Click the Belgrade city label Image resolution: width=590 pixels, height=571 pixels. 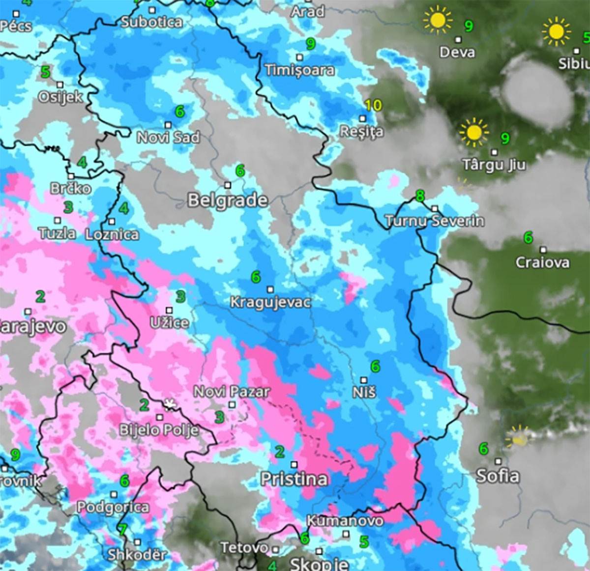[x=228, y=200]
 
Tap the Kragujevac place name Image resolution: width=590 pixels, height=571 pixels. [x=270, y=302]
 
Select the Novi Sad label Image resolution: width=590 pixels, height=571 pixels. [x=168, y=137]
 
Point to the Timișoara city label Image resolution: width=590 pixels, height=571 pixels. [x=300, y=70]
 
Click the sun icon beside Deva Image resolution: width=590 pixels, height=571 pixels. [x=437, y=20]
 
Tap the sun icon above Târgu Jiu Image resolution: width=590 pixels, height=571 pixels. [x=473, y=132]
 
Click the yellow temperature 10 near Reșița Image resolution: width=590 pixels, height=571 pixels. [x=374, y=105]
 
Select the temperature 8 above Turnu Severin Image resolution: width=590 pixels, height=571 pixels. [x=419, y=196]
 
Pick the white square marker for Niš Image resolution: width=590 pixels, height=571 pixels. [x=364, y=380]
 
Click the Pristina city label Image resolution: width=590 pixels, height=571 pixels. [x=294, y=479]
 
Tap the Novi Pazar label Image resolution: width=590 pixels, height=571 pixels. [x=232, y=392]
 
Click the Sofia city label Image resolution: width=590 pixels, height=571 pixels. [x=498, y=476]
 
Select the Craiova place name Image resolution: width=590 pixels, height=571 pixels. [x=542, y=262]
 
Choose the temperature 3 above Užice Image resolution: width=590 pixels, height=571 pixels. [x=181, y=296]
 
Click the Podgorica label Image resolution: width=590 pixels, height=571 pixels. [x=113, y=507]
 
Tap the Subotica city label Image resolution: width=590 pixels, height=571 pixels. [x=151, y=22]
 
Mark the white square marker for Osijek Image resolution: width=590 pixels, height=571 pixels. [x=60, y=85]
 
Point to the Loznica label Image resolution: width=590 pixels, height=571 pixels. [x=112, y=234]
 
